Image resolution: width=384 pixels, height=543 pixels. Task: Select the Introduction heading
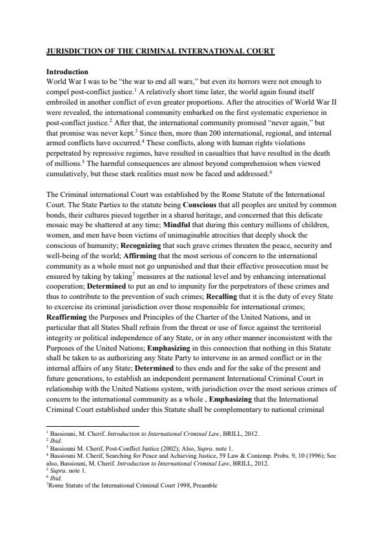pos(67,71)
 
